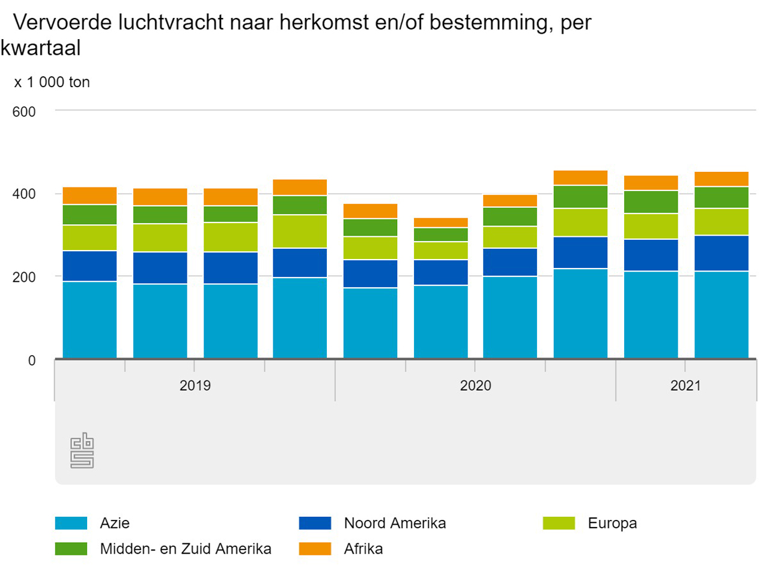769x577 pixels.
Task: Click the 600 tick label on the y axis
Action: point(24,112)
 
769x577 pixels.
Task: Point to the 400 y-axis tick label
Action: point(24,194)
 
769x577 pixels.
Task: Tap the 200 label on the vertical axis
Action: point(24,277)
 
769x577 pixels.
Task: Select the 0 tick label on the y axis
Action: point(32,361)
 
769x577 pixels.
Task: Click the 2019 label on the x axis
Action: point(195,385)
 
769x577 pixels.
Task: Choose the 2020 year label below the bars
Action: point(475,385)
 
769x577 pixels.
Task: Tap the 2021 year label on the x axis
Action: point(685,385)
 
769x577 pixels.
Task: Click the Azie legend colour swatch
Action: point(71,523)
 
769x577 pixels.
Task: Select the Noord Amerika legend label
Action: point(395,523)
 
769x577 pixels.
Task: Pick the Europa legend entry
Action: point(612,523)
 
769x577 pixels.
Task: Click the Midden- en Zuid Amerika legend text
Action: point(186,549)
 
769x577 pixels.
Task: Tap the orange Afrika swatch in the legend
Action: point(315,549)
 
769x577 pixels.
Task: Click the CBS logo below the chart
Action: point(82,450)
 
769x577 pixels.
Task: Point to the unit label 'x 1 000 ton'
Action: point(52,82)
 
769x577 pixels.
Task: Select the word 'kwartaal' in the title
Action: point(41,48)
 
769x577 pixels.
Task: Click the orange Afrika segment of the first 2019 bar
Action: point(90,196)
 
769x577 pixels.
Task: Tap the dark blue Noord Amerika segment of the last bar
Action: point(722,253)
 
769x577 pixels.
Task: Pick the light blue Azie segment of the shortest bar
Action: point(441,322)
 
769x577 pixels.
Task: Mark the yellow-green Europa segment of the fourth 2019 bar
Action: point(300,231)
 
